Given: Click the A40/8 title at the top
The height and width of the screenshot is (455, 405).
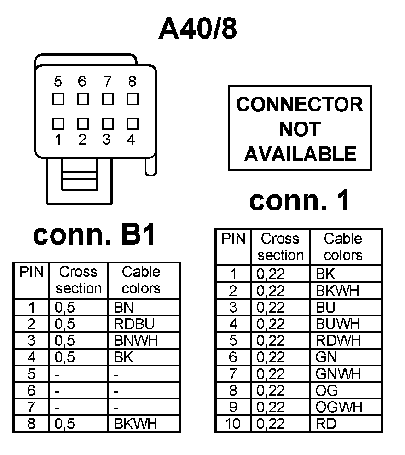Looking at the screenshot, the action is (198, 29).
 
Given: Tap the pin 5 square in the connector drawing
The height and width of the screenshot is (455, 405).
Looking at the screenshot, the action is (58, 99).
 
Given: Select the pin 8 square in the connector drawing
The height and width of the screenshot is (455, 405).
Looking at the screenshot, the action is (133, 99).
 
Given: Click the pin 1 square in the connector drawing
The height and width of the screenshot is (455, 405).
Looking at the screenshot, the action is (58, 123).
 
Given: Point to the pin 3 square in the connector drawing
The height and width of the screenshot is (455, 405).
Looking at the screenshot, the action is (108, 123).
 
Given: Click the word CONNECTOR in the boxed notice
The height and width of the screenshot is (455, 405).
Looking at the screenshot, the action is (300, 105).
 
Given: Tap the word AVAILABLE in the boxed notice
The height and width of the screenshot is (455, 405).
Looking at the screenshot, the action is (300, 154).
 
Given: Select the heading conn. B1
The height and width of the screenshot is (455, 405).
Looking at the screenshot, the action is (95, 235).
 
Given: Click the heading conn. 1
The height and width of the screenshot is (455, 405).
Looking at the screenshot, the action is (300, 201).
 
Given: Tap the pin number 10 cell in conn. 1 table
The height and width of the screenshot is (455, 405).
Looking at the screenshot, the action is (233, 423).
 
